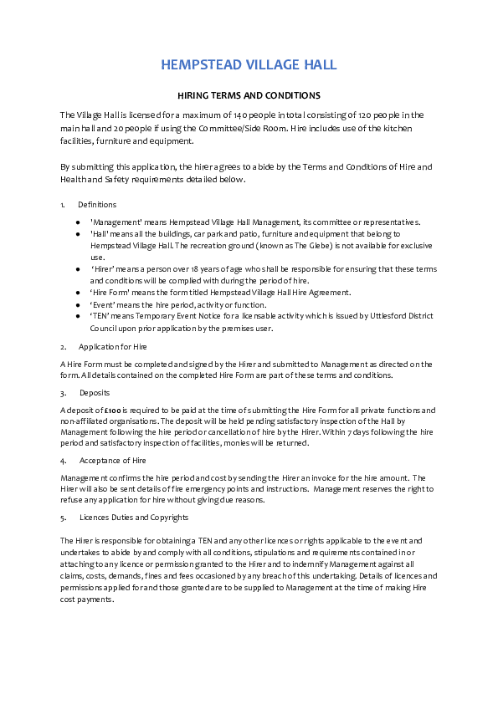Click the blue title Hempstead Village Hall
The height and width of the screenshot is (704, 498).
(249, 64)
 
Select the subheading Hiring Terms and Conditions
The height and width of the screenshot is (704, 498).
(249, 95)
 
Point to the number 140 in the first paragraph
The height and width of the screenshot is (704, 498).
(241, 115)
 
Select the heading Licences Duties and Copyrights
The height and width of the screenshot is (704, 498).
(134, 518)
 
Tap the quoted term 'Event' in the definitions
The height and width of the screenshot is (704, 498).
(103, 305)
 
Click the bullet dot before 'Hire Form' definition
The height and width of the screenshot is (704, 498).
(78, 293)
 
